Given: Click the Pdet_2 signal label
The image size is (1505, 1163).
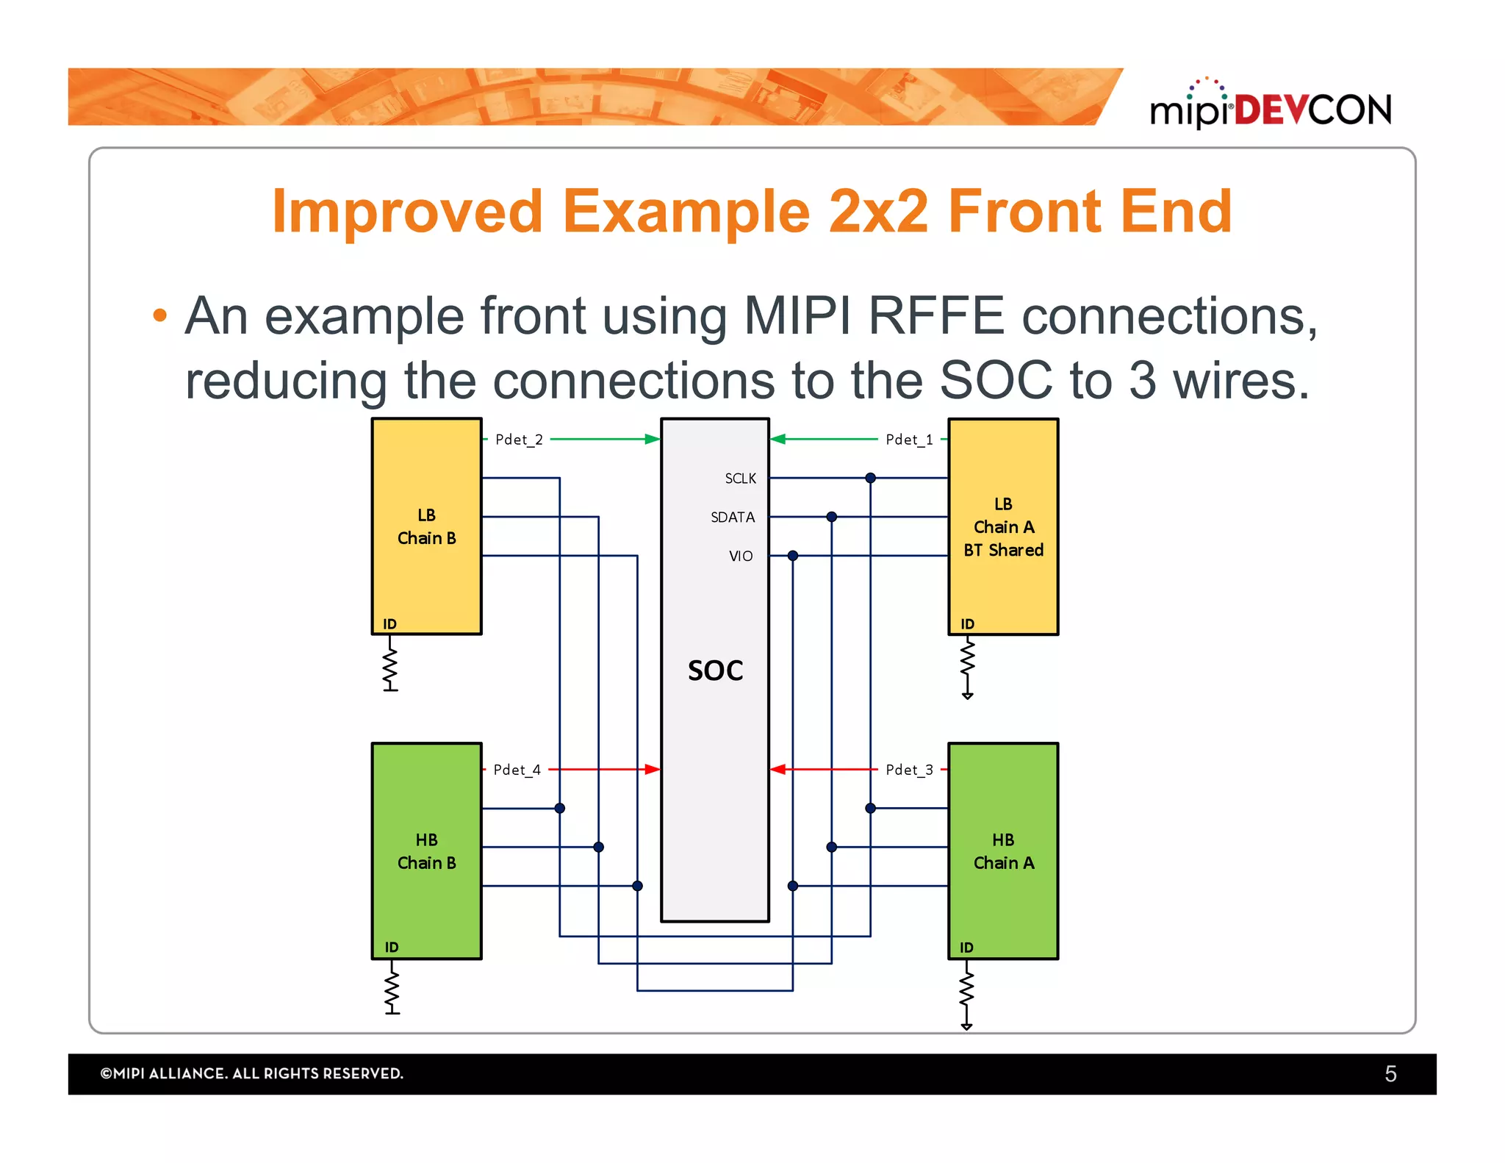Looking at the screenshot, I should (519, 440).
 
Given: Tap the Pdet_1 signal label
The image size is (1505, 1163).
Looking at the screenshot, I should (909, 440).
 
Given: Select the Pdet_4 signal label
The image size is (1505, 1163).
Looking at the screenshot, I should (517, 770).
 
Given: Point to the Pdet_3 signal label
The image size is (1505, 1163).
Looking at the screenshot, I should (909, 770).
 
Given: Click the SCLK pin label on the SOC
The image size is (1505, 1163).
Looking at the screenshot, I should (740, 479).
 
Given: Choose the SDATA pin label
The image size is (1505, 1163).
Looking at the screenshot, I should (733, 518).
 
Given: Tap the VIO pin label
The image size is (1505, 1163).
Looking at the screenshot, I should (741, 557).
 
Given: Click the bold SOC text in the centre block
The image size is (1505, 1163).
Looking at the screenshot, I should (715, 670).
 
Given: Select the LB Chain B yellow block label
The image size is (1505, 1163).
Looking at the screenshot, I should (426, 526).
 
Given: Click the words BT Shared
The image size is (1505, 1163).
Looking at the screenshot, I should (1003, 550).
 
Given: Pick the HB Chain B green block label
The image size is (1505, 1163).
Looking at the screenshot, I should (426, 851).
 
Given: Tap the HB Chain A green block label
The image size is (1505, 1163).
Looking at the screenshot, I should (1003, 851).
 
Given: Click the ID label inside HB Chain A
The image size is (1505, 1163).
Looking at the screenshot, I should (966, 948).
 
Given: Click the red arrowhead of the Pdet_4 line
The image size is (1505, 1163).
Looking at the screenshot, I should (652, 770).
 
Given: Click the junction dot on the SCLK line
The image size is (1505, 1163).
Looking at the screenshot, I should (870, 478).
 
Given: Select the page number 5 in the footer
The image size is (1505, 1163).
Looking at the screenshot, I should (1390, 1074).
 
